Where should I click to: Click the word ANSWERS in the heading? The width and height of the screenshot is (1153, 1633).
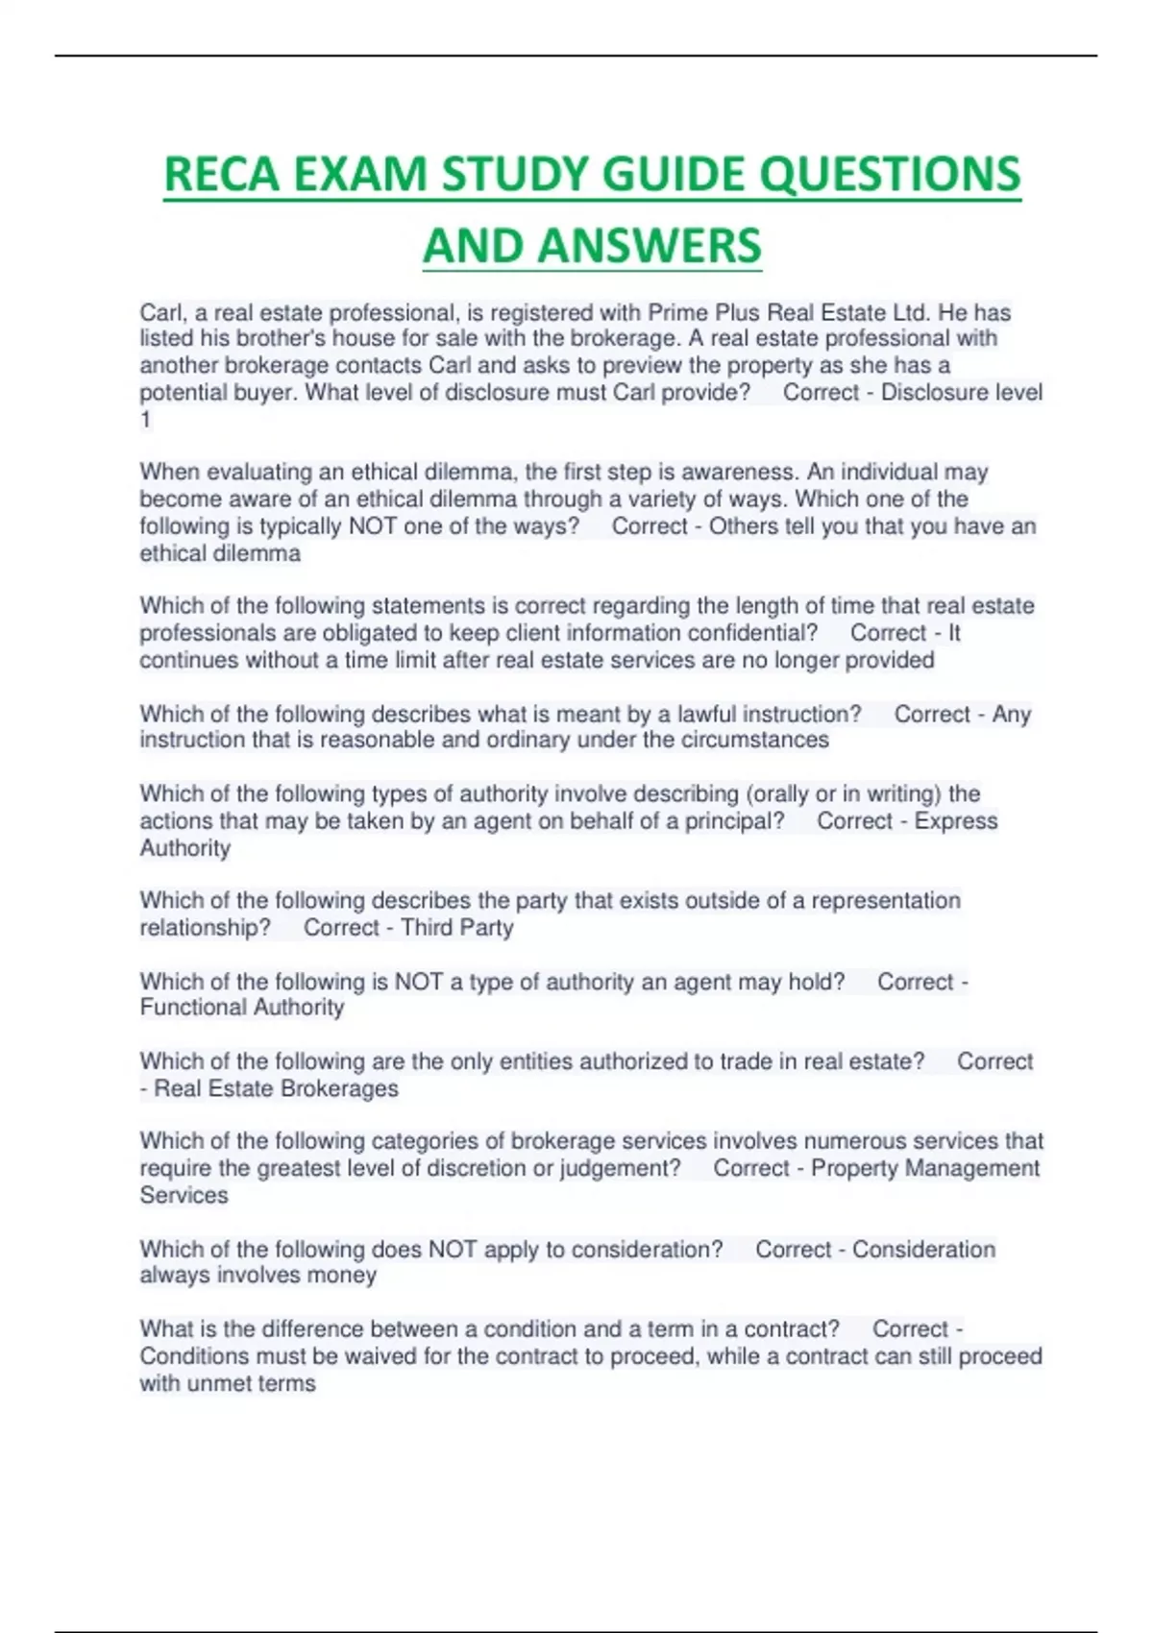pyautogui.click(x=650, y=246)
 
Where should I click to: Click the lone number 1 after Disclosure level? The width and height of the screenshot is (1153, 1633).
pyautogui.click(x=146, y=420)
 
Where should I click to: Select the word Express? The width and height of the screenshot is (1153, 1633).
pyautogui.click(x=956, y=821)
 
